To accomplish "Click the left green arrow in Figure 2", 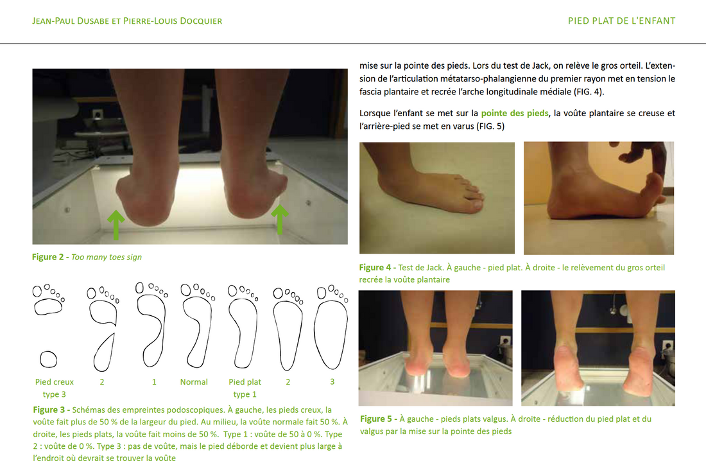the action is [116, 225].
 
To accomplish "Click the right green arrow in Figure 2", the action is [280, 220].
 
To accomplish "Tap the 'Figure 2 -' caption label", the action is [51, 257].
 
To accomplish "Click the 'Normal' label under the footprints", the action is [194, 381].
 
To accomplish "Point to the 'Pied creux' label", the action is [55, 381].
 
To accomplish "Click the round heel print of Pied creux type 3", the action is [48, 360].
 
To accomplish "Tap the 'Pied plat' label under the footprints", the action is [245, 381].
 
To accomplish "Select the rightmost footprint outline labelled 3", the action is [331, 327].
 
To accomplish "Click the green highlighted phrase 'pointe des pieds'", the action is [515, 113].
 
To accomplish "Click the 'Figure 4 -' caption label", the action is [377, 267].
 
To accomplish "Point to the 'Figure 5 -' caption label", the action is [378, 419].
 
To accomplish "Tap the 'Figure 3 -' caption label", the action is [51, 410].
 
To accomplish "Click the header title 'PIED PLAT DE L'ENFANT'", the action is [622, 21].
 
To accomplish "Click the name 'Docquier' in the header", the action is [201, 21].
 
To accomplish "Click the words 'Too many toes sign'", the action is [107, 257].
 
